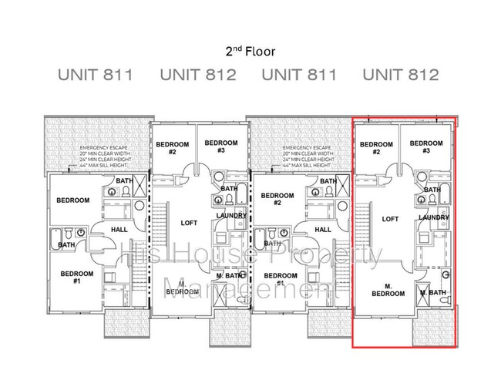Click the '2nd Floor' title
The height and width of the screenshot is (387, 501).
(250, 51)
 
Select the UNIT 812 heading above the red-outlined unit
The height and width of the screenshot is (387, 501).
(400, 75)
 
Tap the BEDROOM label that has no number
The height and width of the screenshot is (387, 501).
(72, 200)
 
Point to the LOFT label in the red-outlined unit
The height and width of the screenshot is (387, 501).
(390, 219)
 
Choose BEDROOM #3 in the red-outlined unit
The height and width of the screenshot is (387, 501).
(425, 147)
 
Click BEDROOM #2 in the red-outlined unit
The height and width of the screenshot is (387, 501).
(376, 148)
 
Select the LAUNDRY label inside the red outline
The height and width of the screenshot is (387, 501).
(434, 218)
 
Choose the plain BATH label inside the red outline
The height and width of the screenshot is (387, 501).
(432, 190)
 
